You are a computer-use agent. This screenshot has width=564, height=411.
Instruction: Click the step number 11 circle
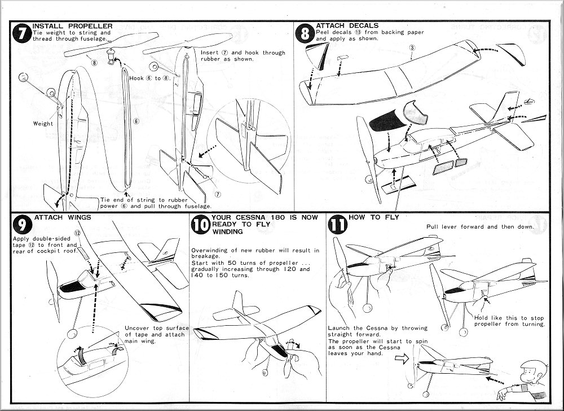click(x=338, y=225)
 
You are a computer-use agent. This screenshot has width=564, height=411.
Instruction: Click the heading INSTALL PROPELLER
click(x=72, y=26)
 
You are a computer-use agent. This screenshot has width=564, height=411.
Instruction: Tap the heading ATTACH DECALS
click(x=347, y=25)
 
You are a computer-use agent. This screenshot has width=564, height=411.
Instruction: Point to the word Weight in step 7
click(x=43, y=124)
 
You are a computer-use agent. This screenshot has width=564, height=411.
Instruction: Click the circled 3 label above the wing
click(x=412, y=49)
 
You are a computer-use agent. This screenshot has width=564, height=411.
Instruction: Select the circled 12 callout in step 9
click(x=78, y=233)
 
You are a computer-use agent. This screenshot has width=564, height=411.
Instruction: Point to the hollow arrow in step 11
click(x=399, y=357)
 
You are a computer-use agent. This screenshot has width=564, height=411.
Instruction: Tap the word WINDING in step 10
click(x=227, y=231)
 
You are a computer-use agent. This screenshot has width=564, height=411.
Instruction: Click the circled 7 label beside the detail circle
click(x=217, y=194)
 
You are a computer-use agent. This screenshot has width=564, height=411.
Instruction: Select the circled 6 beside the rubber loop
click(x=135, y=120)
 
